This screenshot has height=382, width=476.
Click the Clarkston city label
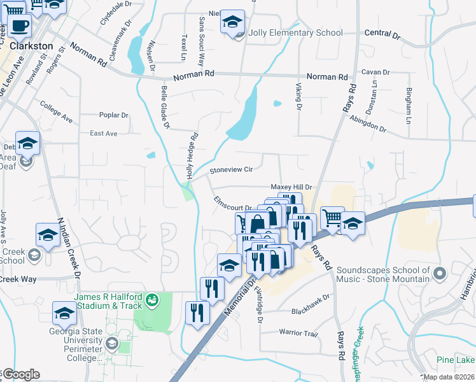pyautogui.click(x=31, y=46)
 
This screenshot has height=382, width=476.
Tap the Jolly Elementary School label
pyautogui.click(x=297, y=33)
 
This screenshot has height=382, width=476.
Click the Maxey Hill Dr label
pyautogui.click(x=291, y=187)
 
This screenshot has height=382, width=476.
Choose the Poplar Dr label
pyautogui.click(x=114, y=115)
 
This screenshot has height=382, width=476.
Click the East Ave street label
pyautogui.click(x=104, y=134)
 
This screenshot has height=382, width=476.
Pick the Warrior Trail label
pyautogui.click(x=298, y=333)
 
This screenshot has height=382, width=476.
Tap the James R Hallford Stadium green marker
pyautogui.click(x=152, y=299)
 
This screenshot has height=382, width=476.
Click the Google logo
pyautogui.click(x=20, y=374)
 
